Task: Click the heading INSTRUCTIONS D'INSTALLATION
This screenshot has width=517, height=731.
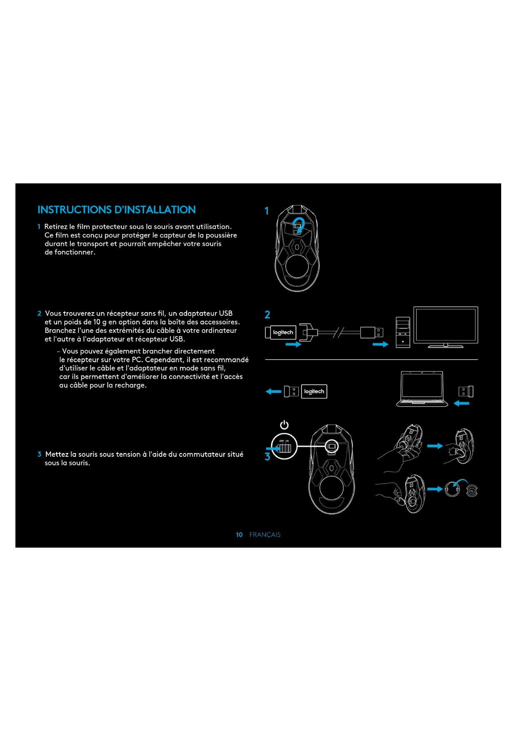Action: [117, 210]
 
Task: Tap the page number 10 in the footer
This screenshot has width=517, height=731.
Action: [239, 535]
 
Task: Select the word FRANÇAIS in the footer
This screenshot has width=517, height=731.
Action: [265, 535]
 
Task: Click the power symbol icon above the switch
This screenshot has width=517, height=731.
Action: [284, 425]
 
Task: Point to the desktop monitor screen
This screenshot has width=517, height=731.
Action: [445, 325]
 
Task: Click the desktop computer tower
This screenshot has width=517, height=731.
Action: [403, 332]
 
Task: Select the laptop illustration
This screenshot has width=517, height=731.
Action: [422, 389]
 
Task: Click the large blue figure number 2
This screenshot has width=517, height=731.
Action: [267, 315]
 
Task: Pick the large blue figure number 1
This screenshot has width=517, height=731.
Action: [267, 211]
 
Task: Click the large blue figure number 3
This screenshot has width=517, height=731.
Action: [267, 457]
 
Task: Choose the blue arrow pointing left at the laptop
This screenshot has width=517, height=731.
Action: [461, 403]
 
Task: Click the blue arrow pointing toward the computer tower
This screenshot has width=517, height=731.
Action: [380, 344]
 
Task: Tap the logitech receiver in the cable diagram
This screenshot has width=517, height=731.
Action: [281, 333]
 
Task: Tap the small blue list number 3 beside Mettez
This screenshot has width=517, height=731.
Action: [39, 454]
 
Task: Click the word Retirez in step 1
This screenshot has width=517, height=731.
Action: [56, 227]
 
